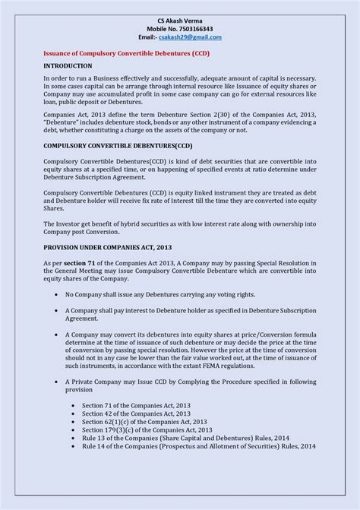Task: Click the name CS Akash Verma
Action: point(179,19)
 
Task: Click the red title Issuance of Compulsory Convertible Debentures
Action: point(126,54)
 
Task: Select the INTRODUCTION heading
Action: point(68,66)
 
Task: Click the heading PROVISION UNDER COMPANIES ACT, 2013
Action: point(107,248)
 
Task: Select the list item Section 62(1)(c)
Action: point(144,421)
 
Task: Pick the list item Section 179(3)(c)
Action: point(146,429)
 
